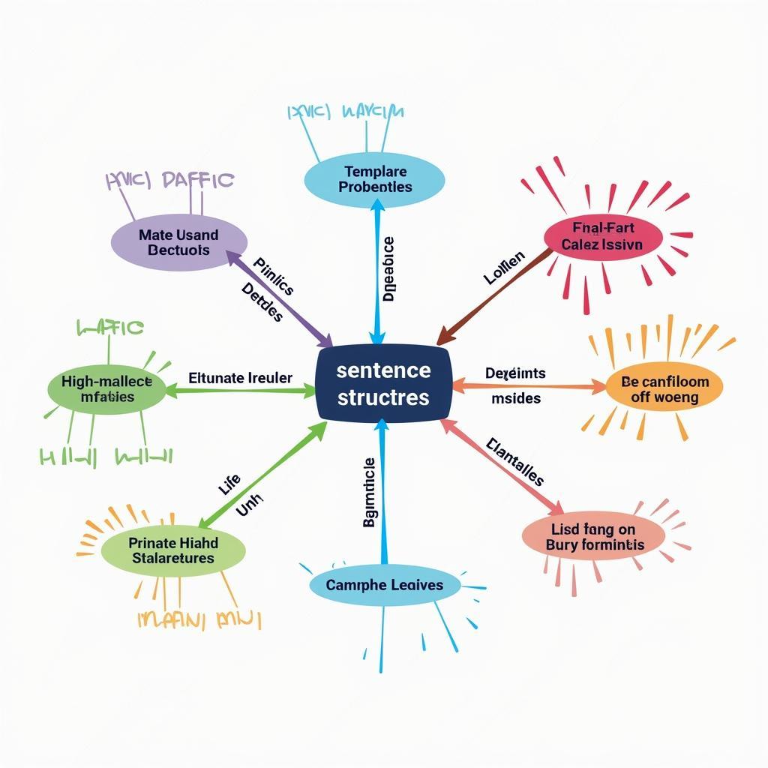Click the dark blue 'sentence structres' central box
pyautogui.click(x=383, y=383)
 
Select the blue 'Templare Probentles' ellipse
pyautogui.click(x=375, y=179)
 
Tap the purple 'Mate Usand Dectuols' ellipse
pyautogui.click(x=178, y=242)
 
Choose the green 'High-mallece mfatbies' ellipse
pyautogui.click(x=106, y=388)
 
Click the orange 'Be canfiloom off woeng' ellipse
pyautogui.click(x=664, y=388)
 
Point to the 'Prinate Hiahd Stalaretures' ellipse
pyautogui.click(x=173, y=550)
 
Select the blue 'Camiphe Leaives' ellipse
pyautogui.click(x=385, y=585)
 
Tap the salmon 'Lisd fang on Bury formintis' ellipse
pyautogui.click(x=594, y=537)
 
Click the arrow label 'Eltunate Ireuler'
pyautogui.click(x=240, y=379)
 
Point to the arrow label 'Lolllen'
pyautogui.click(x=504, y=268)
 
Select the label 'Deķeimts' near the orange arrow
pyautogui.click(x=515, y=373)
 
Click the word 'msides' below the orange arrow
pyautogui.click(x=516, y=398)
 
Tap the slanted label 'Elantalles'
pyautogui.click(x=515, y=462)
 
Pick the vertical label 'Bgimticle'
pyautogui.click(x=368, y=491)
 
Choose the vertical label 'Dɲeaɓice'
pyautogui.click(x=388, y=268)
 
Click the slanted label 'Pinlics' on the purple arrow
pyautogui.click(x=273, y=277)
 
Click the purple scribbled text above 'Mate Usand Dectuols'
pyautogui.click(x=169, y=181)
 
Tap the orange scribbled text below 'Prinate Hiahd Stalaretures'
pyautogui.click(x=199, y=620)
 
